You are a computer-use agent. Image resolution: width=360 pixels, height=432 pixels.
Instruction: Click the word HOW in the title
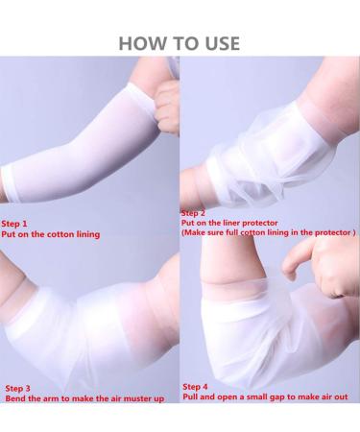137,42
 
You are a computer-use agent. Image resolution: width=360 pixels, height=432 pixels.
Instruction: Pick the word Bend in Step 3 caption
16,397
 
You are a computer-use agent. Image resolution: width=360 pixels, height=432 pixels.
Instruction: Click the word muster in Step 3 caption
136,397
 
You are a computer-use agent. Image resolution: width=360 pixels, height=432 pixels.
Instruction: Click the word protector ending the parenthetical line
332,232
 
